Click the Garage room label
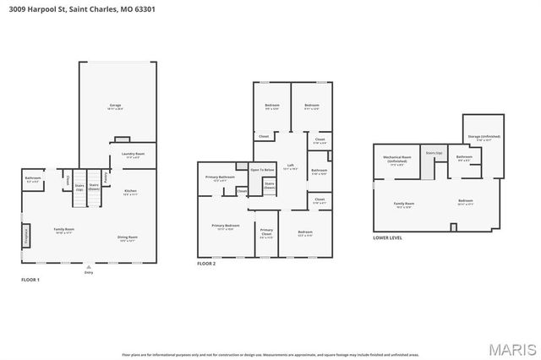pyautogui.click(x=115, y=106)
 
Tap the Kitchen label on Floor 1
pyautogui.click(x=130, y=193)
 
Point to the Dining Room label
pyautogui.click(x=127, y=238)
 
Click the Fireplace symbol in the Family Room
pyautogui.click(x=27, y=234)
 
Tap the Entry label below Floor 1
pyautogui.click(x=89, y=272)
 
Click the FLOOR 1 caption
pyautogui.click(x=30, y=280)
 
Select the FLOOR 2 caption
pyautogui.click(x=206, y=265)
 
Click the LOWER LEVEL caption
pyautogui.click(x=387, y=238)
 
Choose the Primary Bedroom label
pyautogui.click(x=226, y=226)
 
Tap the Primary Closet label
pyautogui.click(x=266, y=232)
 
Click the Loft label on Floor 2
pyautogui.click(x=290, y=166)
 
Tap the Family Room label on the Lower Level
pyautogui.click(x=404, y=205)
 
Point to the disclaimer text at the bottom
pyautogui.click(x=270, y=354)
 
